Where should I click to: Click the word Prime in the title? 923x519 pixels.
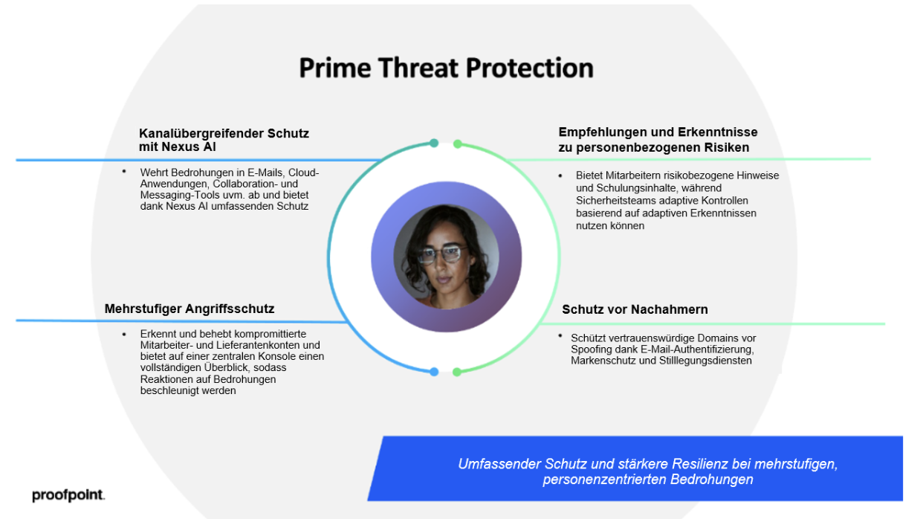335,68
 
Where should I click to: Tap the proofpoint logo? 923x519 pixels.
68,494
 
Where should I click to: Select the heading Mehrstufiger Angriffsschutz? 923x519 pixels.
189,309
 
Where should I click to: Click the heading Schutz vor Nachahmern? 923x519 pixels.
635,309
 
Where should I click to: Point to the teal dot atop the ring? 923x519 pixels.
434,143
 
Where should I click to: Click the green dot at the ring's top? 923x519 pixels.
457,144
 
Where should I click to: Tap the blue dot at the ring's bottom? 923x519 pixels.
434,372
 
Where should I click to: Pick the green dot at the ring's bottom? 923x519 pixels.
457,372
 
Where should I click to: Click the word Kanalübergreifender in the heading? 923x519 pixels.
201,134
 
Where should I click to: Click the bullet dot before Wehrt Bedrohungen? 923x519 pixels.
124,171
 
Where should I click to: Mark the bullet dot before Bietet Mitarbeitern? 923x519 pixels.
560,175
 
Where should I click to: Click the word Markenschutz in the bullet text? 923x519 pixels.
600,361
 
